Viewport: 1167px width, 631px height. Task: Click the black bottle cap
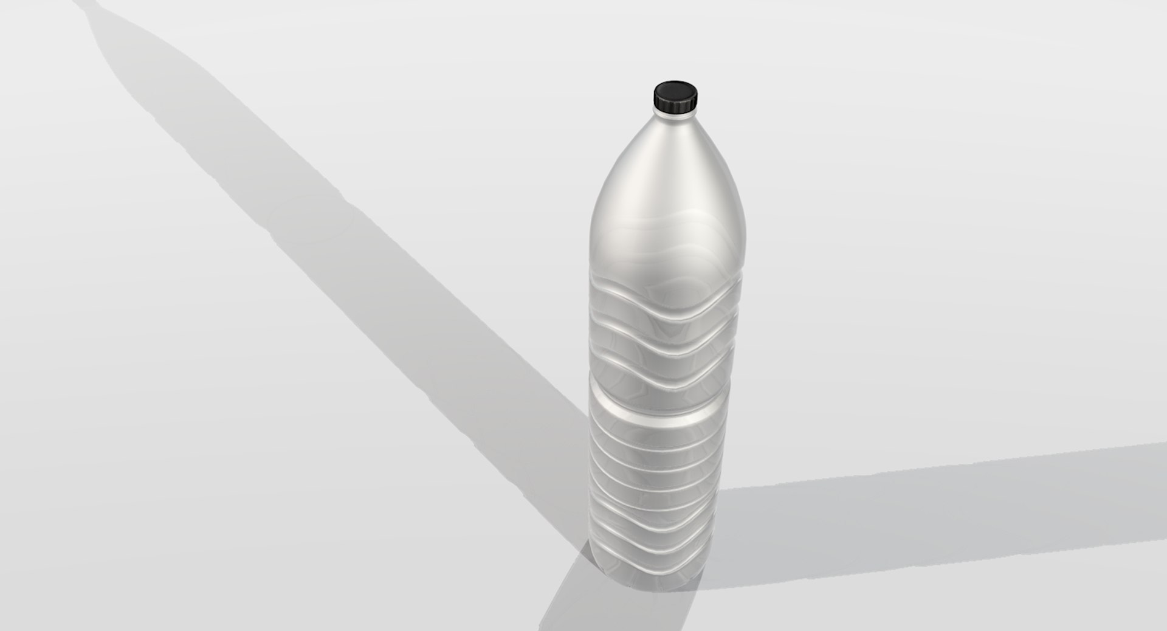[x=675, y=97]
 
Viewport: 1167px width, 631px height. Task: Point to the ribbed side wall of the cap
[x=675, y=105]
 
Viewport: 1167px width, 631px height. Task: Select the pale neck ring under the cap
[x=675, y=115]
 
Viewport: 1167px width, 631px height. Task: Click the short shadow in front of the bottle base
[x=577, y=602]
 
